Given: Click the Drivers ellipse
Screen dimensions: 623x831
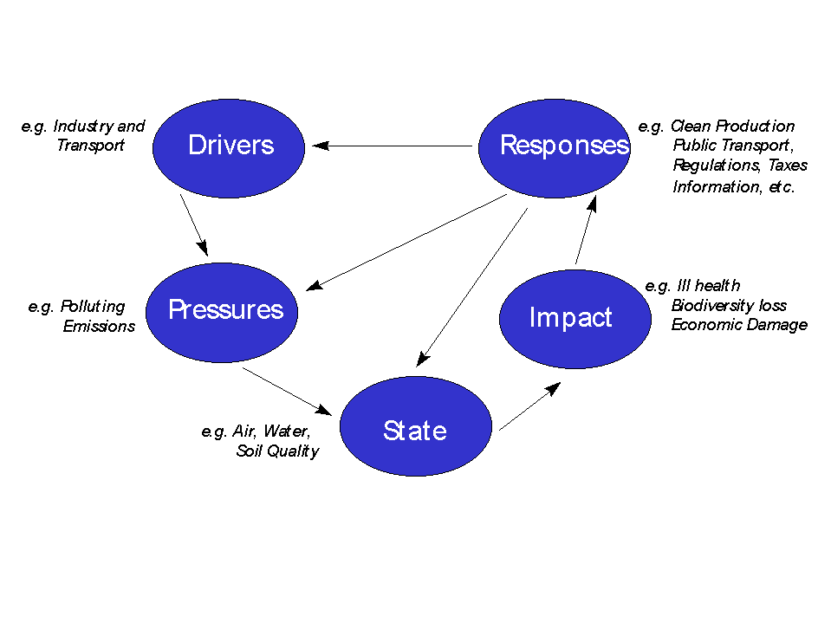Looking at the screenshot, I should pos(229,146).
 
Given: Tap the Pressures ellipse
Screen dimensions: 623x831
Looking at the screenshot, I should pos(223,311).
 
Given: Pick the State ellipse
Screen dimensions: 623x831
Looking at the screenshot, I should pos(415,427).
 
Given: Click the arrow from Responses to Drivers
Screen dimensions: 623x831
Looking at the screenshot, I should pos(394,146).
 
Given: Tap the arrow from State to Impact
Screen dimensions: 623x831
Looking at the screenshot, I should pos(529,407).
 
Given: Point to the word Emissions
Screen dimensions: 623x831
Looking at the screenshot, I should pos(99,327).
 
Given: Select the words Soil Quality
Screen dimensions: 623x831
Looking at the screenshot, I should pos(277,451).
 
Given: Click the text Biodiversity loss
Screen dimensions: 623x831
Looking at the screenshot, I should pos(729,306).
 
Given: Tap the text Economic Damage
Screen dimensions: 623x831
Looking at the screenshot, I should pos(739,326).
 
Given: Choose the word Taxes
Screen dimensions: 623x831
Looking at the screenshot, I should pos(788,165).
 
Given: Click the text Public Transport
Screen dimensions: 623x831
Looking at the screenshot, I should pos(732,146).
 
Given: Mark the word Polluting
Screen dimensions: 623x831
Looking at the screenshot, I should pos(93,307).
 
